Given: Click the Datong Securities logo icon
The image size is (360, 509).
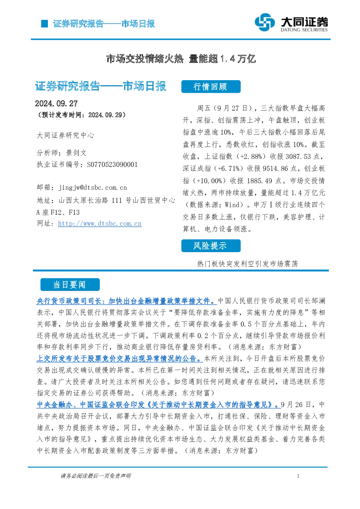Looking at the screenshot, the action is [x=265, y=22].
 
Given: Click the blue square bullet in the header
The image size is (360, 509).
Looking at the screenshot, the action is [x=45, y=24].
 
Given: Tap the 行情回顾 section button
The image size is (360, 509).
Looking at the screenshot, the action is [x=211, y=87].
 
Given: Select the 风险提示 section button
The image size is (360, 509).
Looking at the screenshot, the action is [x=211, y=246].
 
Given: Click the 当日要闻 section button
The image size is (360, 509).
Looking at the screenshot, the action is [x=70, y=284].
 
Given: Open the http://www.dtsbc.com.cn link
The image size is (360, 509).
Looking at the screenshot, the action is [x=100, y=223].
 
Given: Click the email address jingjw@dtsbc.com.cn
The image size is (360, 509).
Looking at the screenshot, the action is [x=93, y=188].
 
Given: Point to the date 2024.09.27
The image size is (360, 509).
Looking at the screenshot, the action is [x=56, y=104].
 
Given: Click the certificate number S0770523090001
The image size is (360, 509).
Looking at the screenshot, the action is [x=112, y=164].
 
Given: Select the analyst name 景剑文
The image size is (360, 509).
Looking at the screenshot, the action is [x=76, y=153].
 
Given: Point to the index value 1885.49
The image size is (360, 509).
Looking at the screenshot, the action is [x=259, y=181].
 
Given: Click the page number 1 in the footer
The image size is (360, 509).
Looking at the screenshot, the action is [x=298, y=476].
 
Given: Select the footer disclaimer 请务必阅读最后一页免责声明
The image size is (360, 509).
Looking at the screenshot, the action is [x=96, y=476].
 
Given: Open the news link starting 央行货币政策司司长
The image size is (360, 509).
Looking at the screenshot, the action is [x=127, y=301].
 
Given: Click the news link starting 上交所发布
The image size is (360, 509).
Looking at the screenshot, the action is [x=119, y=358].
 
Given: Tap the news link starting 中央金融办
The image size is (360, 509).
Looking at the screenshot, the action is [x=159, y=405].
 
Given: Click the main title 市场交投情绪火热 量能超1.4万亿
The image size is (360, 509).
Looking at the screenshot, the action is [x=181, y=59].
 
